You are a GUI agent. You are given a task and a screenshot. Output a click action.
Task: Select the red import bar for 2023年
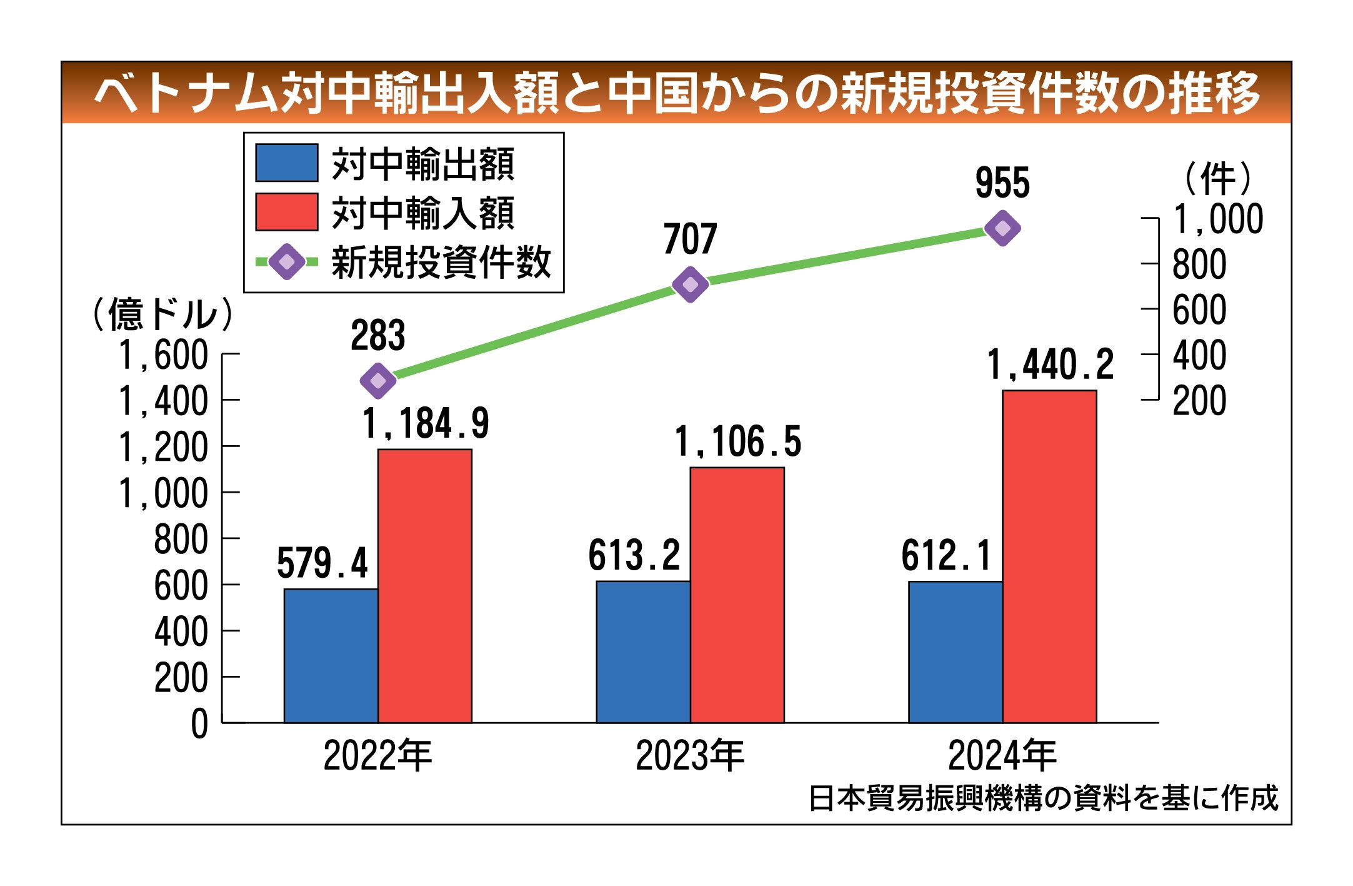pyautogui.click(x=737, y=595)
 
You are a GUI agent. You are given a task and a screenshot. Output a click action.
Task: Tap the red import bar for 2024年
pyautogui.click(x=1049, y=556)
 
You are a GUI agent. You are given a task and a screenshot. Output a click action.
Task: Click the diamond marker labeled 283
pyautogui.click(x=378, y=380)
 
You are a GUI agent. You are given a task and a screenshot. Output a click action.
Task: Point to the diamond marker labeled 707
pyautogui.click(x=690, y=284)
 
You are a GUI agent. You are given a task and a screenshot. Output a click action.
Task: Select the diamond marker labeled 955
pyautogui.click(x=1002, y=228)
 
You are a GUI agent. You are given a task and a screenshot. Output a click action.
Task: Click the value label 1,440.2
pyautogui.click(x=1050, y=365)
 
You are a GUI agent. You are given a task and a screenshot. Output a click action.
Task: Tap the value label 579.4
pyautogui.click(x=322, y=563)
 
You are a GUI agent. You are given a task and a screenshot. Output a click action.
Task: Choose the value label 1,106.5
pyautogui.click(x=737, y=441)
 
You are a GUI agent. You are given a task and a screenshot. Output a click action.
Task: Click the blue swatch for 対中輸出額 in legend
pyautogui.click(x=287, y=163)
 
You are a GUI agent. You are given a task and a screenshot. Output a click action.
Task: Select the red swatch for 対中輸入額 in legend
pyautogui.click(x=287, y=212)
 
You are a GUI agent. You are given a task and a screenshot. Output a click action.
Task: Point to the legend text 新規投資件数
pyautogui.click(x=441, y=262)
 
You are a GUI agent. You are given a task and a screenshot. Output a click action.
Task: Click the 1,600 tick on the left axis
pyautogui.click(x=163, y=355)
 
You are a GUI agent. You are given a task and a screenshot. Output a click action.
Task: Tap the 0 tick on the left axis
pyautogui.click(x=199, y=724)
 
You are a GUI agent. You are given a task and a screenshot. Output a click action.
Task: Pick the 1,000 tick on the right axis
pyautogui.click(x=1217, y=219)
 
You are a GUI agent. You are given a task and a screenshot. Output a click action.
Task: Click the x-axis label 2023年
pyautogui.click(x=690, y=756)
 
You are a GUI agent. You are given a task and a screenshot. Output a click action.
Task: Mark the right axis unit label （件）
pyautogui.click(x=1217, y=179)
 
